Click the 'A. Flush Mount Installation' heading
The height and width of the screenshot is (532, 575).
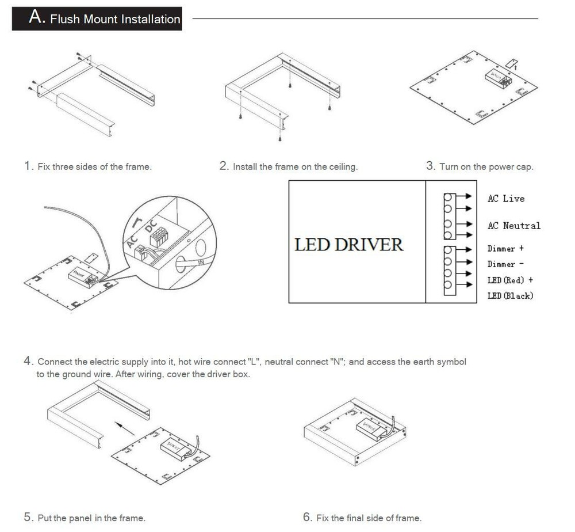97,18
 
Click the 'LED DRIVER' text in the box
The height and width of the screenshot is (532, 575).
348,244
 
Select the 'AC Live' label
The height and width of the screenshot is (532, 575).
506,199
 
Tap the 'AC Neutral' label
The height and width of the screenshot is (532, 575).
514,226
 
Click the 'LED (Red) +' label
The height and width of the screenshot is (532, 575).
510,280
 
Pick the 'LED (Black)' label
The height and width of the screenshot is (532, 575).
510,296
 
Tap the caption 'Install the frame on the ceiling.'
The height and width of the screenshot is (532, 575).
295,167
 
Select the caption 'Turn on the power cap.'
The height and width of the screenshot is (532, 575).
486,167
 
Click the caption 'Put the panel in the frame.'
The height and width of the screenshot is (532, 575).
91,518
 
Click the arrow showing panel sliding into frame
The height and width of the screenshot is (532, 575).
124,428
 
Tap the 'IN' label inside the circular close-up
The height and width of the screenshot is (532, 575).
201,262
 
